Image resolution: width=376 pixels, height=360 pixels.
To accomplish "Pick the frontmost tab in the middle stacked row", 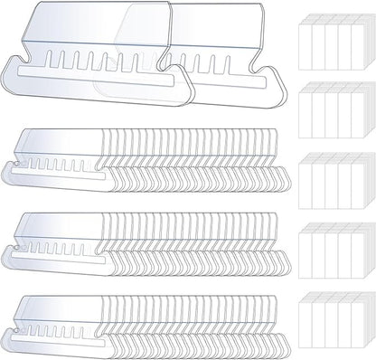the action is pos(54,230).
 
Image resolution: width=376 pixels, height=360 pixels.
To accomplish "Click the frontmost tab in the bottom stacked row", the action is pos(54,312).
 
